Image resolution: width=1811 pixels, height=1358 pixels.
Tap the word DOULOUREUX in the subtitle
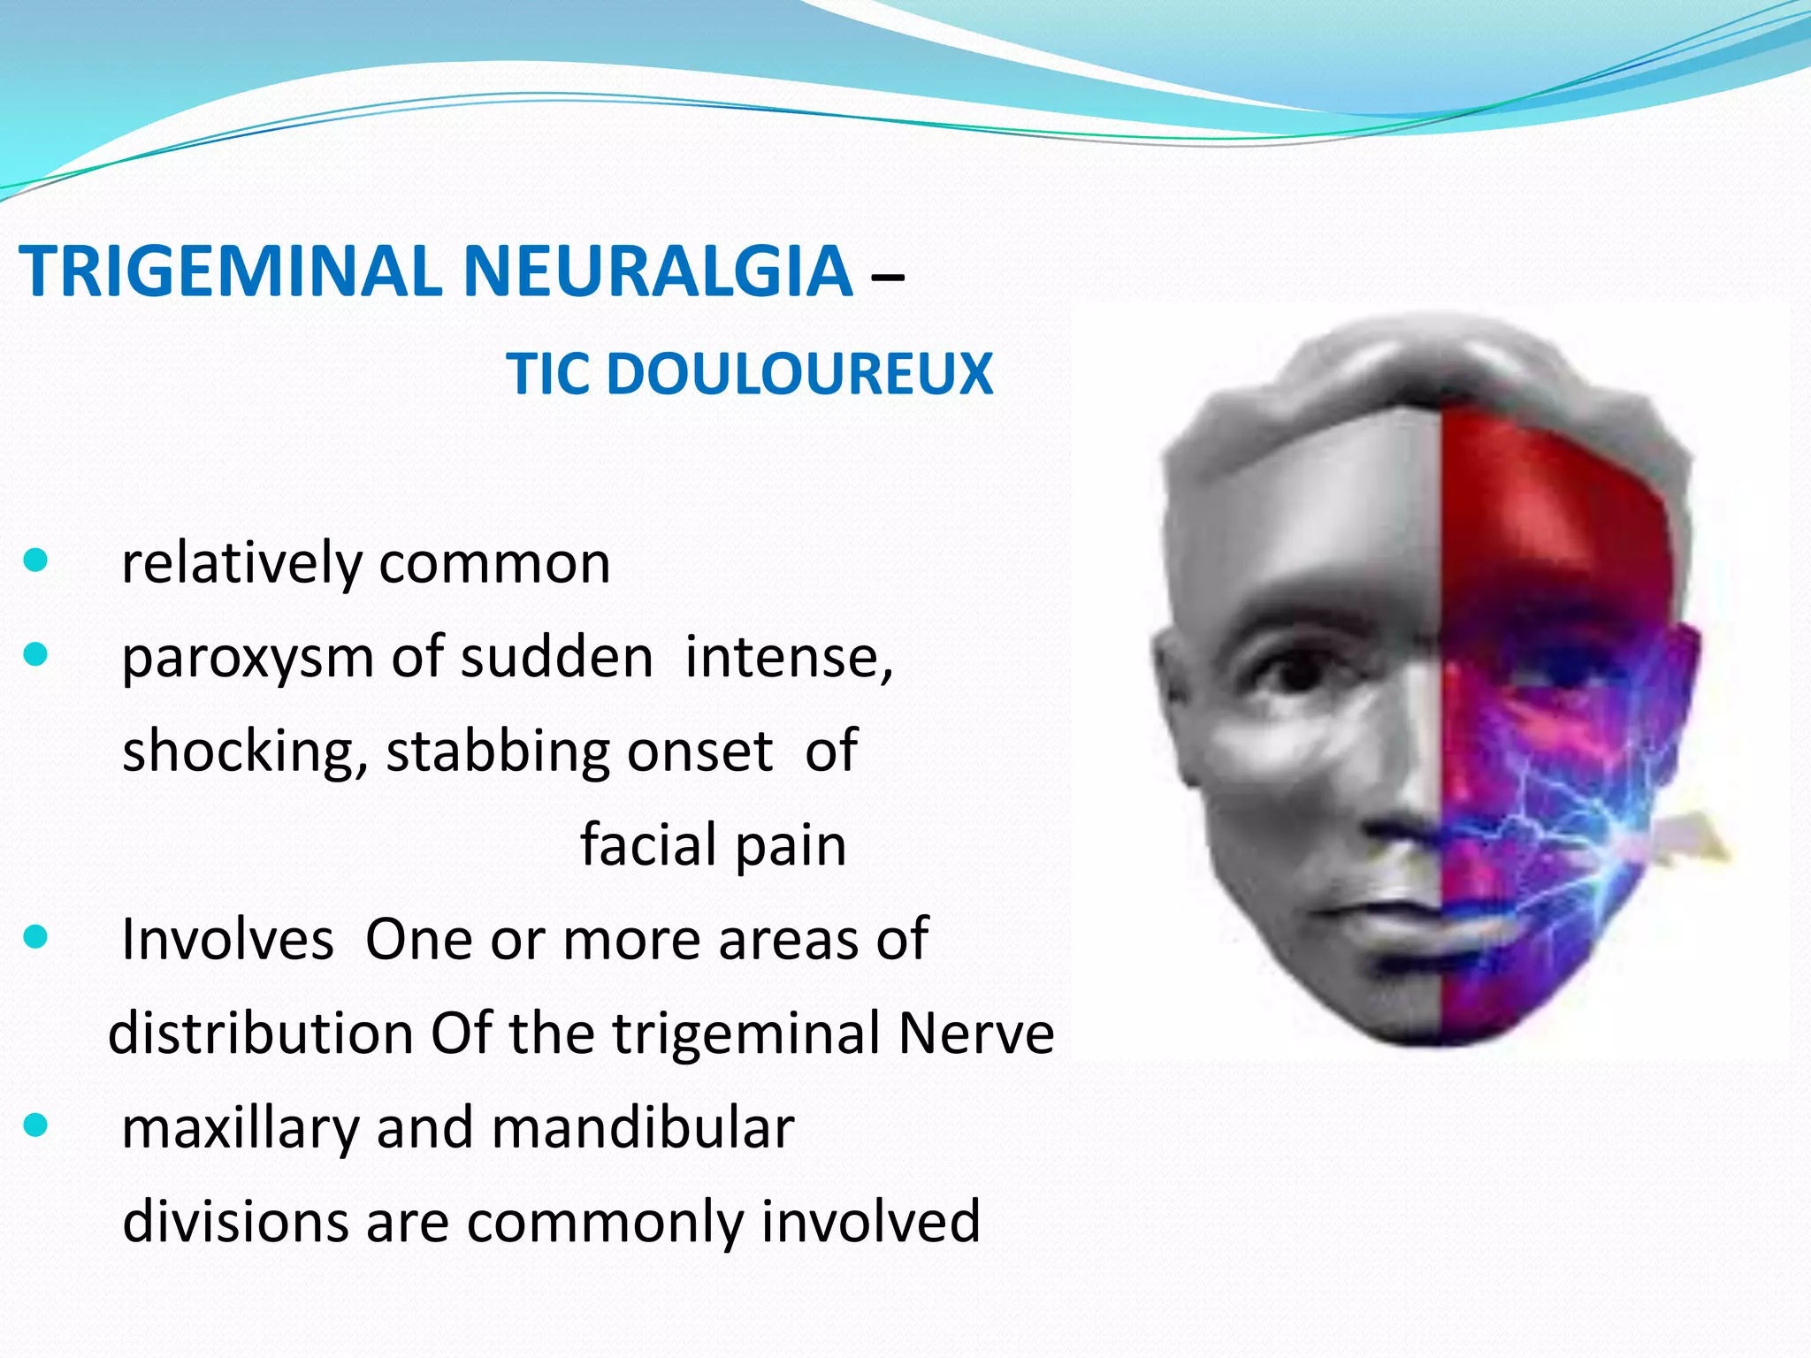tap(799, 374)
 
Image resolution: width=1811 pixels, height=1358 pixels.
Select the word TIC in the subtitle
tap(547, 374)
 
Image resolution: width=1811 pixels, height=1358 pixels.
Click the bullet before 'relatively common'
tap(35, 561)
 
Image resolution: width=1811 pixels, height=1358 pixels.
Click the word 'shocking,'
tap(245, 751)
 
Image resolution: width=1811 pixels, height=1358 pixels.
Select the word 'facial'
tap(649, 845)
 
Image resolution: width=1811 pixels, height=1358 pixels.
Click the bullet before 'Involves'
tap(35, 936)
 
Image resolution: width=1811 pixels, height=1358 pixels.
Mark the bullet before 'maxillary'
tap(35, 1125)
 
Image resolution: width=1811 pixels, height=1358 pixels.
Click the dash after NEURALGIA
tap(887, 277)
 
